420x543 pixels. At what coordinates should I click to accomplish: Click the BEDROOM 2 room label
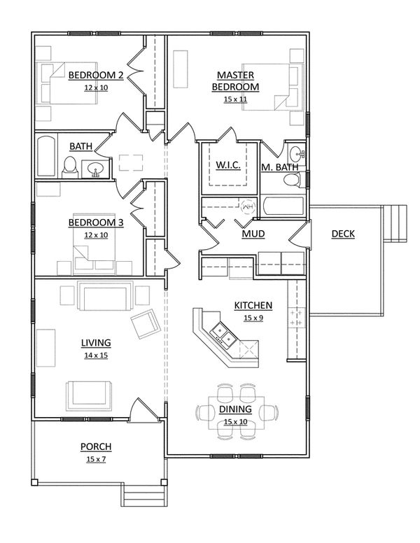(96, 75)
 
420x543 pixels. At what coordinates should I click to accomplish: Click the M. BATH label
(280, 167)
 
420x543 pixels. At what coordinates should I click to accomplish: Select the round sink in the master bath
(295, 153)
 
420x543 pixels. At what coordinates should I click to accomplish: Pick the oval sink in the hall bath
(96, 169)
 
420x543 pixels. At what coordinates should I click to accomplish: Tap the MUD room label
(253, 234)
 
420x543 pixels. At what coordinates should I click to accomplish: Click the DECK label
(342, 234)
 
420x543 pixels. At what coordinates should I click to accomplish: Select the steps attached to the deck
(396, 223)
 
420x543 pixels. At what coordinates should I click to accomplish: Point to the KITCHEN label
(253, 306)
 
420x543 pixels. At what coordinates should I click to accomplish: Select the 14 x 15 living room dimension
(96, 355)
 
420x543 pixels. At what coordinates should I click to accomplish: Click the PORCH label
(96, 446)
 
